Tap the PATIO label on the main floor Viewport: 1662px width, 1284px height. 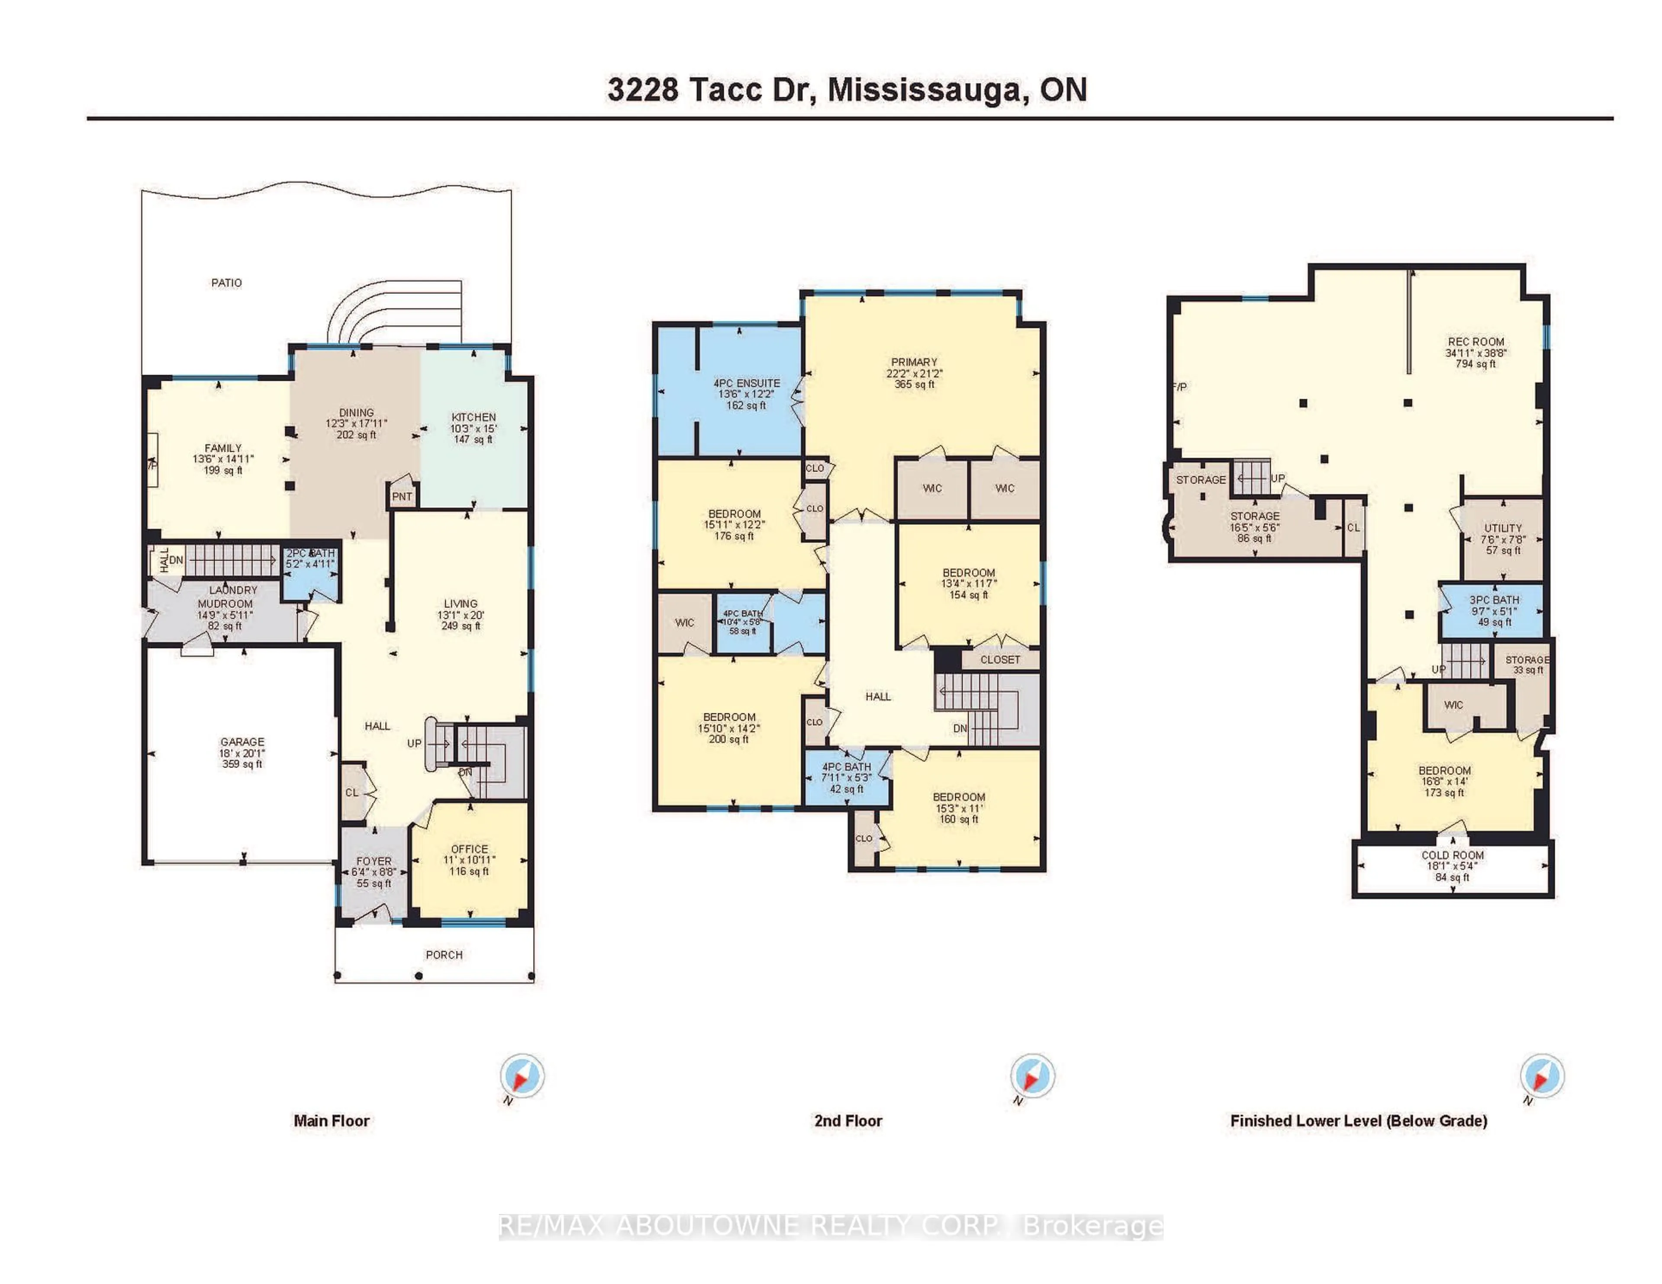pyautogui.click(x=226, y=283)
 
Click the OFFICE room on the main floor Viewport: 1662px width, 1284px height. pyautogui.click(x=469, y=860)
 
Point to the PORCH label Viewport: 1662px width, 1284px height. pyautogui.click(x=444, y=955)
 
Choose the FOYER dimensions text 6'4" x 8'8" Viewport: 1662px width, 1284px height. pyautogui.click(x=374, y=873)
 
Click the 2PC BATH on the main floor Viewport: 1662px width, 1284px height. pyautogui.click(x=310, y=559)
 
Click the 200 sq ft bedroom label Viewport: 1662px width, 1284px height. pyautogui.click(x=729, y=728)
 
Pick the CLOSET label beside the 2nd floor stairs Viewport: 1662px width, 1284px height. pyautogui.click(x=999, y=659)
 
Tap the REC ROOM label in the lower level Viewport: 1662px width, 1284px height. pyautogui.click(x=1475, y=342)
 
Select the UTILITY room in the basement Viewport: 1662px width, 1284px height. pyautogui.click(x=1502, y=539)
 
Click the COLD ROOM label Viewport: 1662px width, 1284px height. pyautogui.click(x=1452, y=855)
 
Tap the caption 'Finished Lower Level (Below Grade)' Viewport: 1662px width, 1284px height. pyautogui.click(x=1358, y=1120)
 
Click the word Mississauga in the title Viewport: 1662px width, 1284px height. pyautogui.click(x=924, y=90)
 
